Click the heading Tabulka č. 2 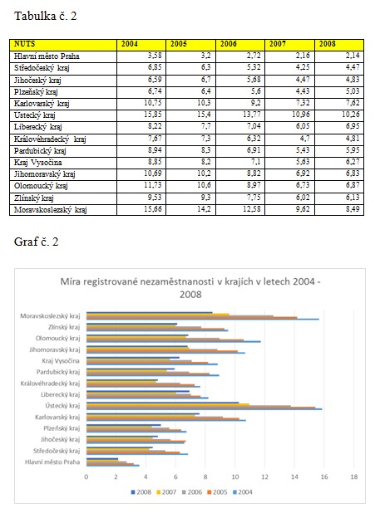[x=46, y=16]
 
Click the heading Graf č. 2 [x=36, y=242]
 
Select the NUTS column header [x=25, y=44]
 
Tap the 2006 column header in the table [x=229, y=44]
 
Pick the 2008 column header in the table [x=328, y=44]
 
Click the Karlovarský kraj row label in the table [x=42, y=104]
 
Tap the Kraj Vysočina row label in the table [x=37, y=162]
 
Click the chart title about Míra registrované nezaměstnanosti [x=190, y=288]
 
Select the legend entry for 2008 [x=141, y=491]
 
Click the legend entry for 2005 [x=217, y=491]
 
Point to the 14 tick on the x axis [x=294, y=476]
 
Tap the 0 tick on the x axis [x=86, y=476]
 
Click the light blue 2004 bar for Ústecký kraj [x=204, y=409]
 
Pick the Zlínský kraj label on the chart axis [x=64, y=327]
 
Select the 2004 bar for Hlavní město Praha [x=113, y=465]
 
